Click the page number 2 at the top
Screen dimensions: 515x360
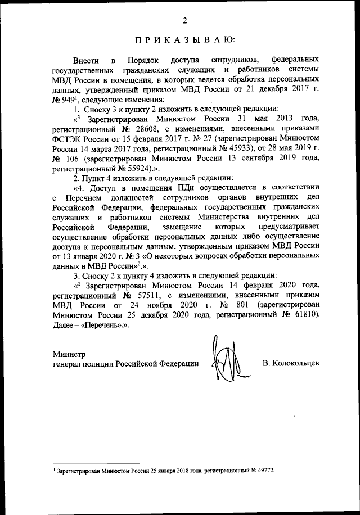(x=184, y=21)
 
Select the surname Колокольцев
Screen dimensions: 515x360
(x=291, y=364)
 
